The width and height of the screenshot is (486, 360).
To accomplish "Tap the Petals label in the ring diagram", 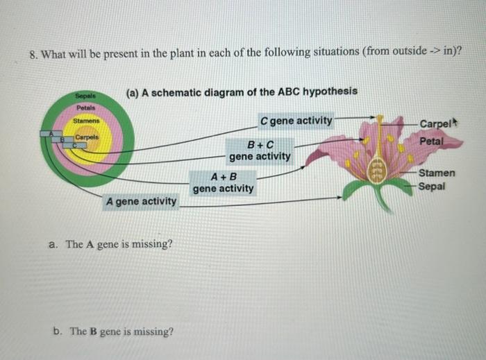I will click(x=87, y=108).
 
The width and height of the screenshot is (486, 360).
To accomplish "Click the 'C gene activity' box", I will click(x=296, y=121).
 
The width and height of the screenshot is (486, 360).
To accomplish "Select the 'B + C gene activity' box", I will click(x=260, y=151).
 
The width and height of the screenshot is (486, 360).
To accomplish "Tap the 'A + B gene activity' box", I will click(x=224, y=182).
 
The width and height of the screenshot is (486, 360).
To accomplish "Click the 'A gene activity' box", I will click(x=141, y=201).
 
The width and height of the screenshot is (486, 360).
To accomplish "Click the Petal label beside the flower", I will click(x=431, y=140).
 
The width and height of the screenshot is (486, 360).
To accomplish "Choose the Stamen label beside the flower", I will click(x=437, y=173).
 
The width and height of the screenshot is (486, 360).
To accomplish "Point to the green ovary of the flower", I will click(x=379, y=167).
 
